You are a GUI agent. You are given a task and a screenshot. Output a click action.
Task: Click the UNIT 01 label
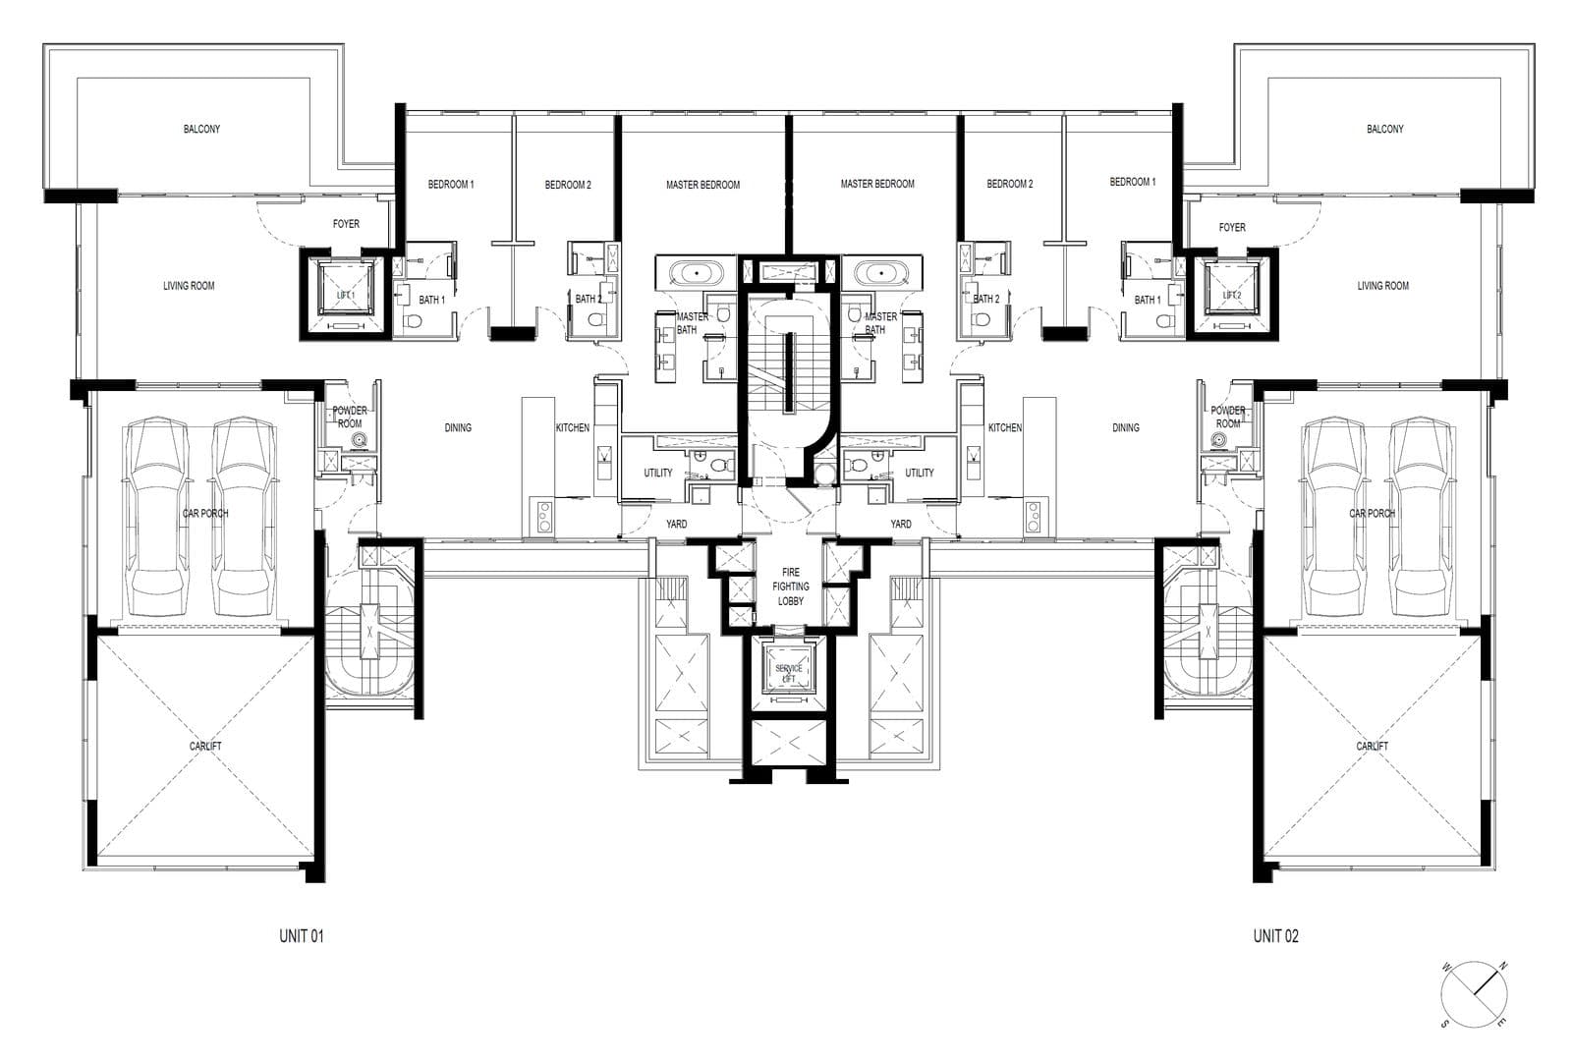click(x=302, y=936)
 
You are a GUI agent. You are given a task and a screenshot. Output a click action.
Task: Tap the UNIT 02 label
click(x=1275, y=936)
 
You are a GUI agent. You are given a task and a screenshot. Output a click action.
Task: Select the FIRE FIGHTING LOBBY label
click(x=791, y=587)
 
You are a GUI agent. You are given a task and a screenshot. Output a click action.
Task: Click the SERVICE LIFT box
click(x=789, y=673)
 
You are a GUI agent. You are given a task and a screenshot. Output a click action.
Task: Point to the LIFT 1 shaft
click(x=345, y=295)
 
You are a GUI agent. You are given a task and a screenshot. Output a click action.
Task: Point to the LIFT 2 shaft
click(x=1232, y=295)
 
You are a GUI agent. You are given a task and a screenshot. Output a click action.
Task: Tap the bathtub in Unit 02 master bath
click(x=877, y=271)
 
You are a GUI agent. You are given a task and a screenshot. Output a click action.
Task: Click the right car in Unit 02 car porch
click(x=1419, y=511)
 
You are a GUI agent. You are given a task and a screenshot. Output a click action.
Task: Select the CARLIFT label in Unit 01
click(x=205, y=746)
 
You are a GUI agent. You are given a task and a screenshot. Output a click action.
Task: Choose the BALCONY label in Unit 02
click(x=1384, y=129)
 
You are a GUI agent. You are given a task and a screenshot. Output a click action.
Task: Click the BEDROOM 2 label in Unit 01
click(x=568, y=185)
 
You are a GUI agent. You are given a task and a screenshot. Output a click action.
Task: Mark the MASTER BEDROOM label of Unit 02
click(x=877, y=184)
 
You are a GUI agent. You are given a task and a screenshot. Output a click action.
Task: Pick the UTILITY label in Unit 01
click(x=658, y=473)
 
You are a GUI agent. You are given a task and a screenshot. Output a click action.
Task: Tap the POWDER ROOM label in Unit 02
click(x=1228, y=417)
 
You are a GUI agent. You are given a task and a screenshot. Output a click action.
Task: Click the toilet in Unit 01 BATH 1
click(x=412, y=320)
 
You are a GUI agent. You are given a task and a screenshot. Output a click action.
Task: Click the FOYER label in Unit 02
click(x=1232, y=227)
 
